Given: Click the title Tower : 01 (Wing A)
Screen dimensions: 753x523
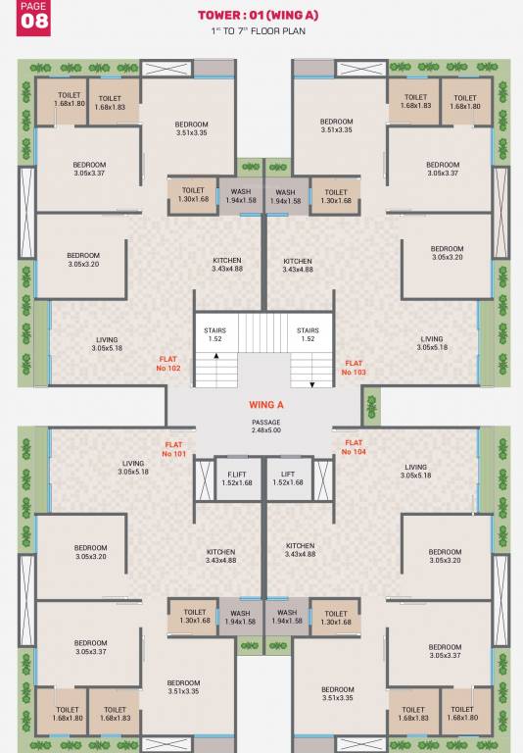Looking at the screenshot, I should coord(259,16).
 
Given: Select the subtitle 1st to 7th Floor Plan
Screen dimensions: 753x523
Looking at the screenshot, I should coord(259,33).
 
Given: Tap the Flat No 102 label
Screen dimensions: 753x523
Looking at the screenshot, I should coord(169,365).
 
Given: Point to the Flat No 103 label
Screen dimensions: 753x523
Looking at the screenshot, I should coord(354,368).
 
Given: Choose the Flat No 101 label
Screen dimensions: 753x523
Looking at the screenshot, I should coord(174,449).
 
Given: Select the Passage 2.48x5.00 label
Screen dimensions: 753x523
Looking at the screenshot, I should coord(266,426).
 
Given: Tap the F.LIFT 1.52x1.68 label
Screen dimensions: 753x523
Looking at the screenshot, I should coord(237,477).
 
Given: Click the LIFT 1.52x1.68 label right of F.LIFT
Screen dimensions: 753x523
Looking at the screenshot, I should coord(288,477).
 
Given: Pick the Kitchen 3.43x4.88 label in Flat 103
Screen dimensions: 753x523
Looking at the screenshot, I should coord(298,265).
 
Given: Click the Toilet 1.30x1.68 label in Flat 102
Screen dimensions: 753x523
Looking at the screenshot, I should coord(193,195).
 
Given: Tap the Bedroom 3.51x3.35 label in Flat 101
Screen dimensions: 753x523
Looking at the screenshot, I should coord(183,686).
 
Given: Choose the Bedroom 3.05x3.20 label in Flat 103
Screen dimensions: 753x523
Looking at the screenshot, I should coord(446,253).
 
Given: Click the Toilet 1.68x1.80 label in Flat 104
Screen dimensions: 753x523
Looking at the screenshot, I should coord(465,713).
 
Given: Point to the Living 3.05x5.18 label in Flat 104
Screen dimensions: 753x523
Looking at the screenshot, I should coord(415,472).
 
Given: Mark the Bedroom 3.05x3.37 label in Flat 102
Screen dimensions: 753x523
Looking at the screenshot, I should coord(89,169).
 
